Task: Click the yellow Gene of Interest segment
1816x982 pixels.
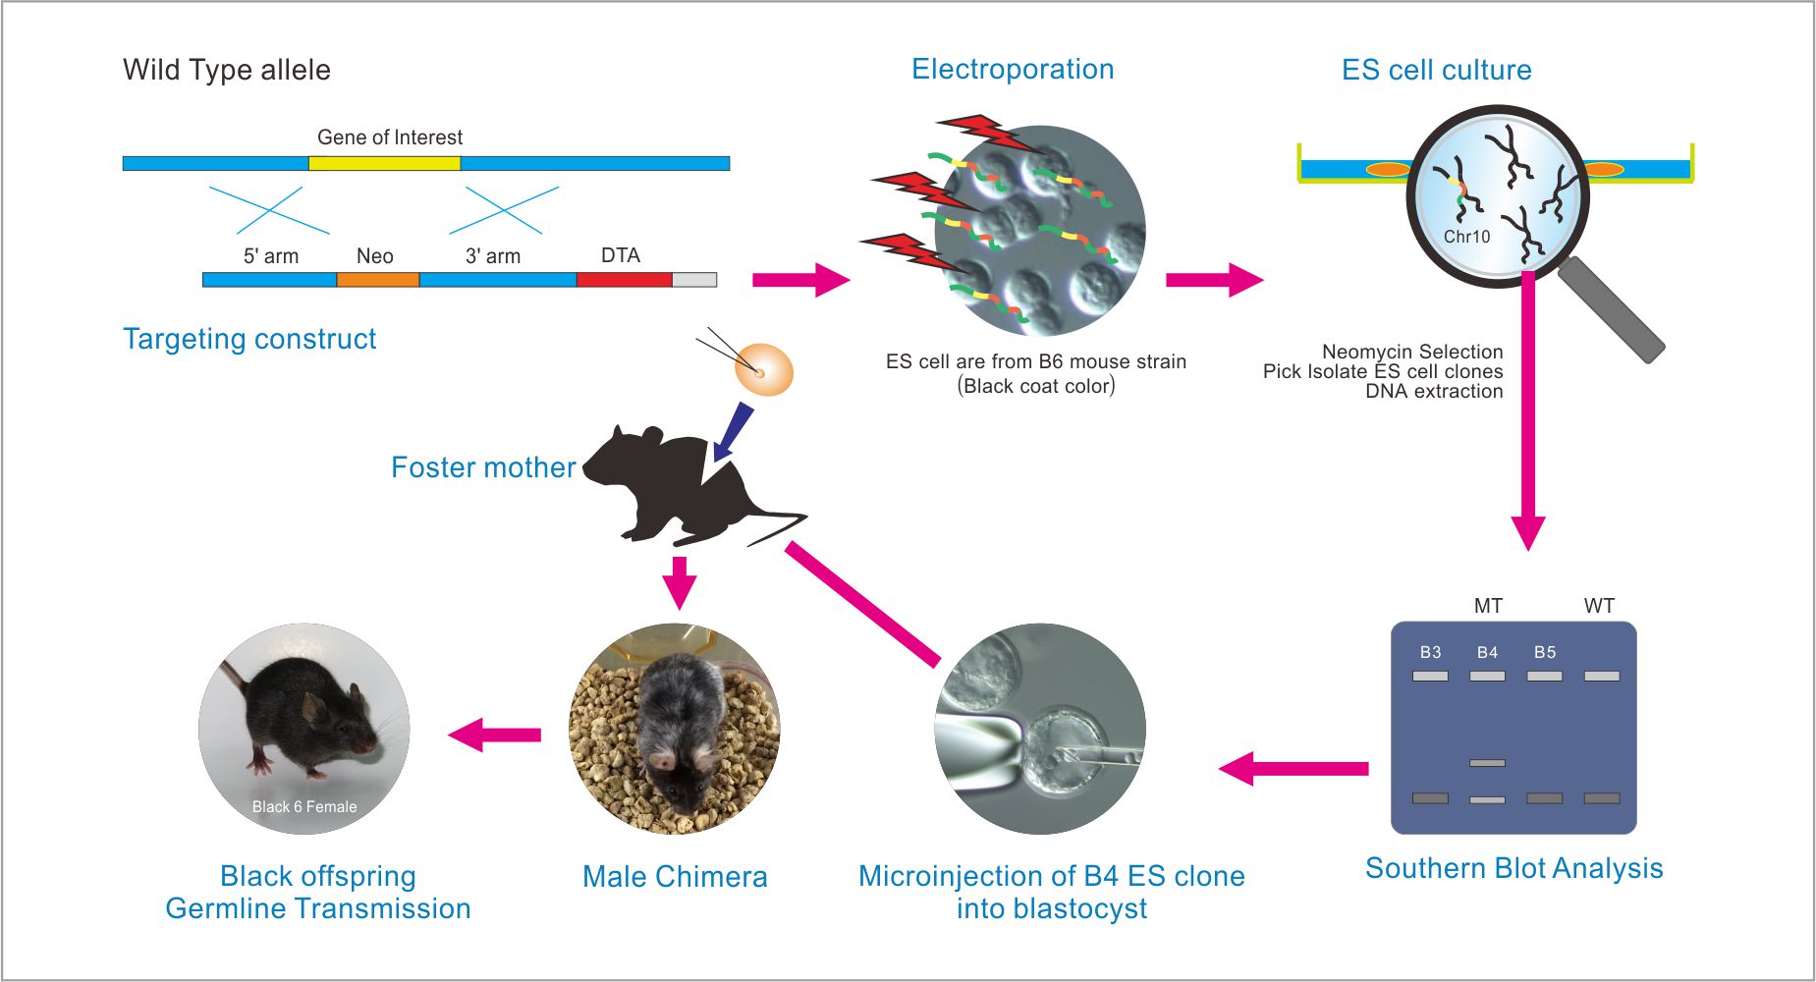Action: pyautogui.click(x=384, y=163)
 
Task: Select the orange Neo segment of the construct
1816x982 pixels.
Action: pyautogui.click(x=378, y=280)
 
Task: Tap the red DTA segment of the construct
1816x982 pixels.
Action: pyautogui.click(x=624, y=280)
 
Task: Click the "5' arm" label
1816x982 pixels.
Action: pyautogui.click(x=271, y=256)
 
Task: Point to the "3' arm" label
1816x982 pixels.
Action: pyautogui.click(x=493, y=256)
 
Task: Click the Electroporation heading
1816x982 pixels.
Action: pyautogui.click(x=1013, y=69)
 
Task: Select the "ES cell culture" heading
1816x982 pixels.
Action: pyautogui.click(x=1436, y=70)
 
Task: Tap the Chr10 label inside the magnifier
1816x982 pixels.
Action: pyautogui.click(x=1466, y=237)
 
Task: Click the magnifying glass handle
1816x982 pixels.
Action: pyautogui.click(x=1611, y=308)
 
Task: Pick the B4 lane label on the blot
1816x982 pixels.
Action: pyautogui.click(x=1487, y=652)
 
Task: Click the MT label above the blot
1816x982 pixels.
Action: pyautogui.click(x=1488, y=606)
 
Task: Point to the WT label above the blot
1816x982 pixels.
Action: pyautogui.click(x=1599, y=606)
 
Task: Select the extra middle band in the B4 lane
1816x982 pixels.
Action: pyautogui.click(x=1487, y=763)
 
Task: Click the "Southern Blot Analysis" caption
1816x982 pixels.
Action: pyautogui.click(x=1513, y=868)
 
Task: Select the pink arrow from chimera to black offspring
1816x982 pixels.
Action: pyautogui.click(x=495, y=735)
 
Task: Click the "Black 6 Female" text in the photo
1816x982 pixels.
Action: pyautogui.click(x=304, y=807)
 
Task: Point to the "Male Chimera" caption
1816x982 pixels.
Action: pyautogui.click(x=675, y=877)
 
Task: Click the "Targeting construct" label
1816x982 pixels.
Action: pyautogui.click(x=249, y=339)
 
